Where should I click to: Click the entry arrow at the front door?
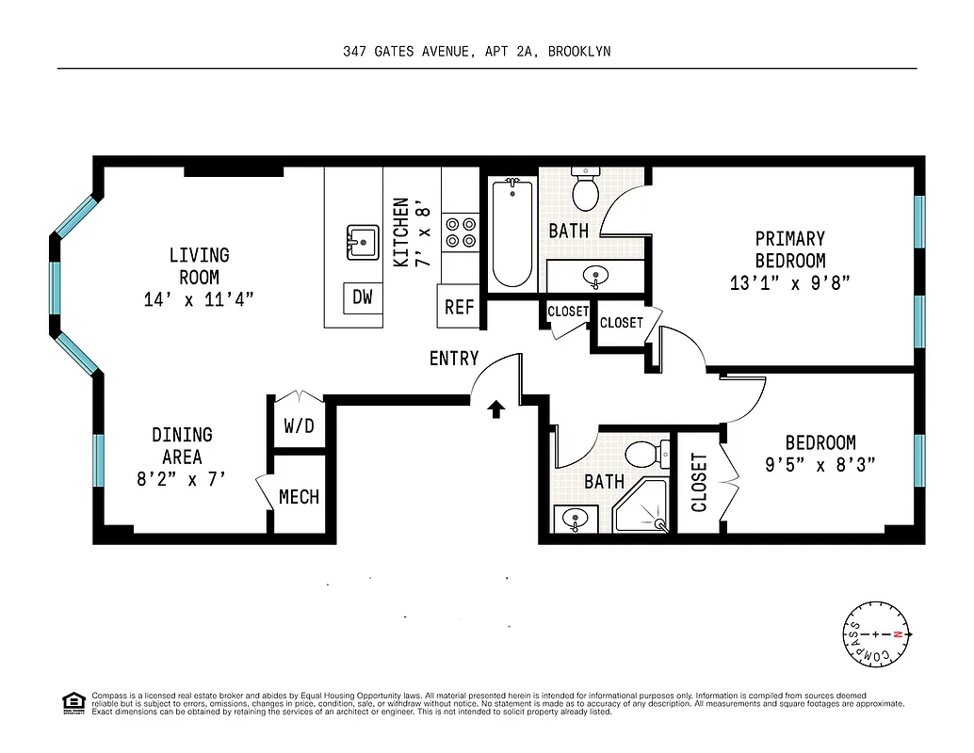(x=496, y=408)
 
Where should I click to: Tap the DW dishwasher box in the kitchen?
(x=363, y=297)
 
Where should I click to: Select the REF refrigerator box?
(x=459, y=307)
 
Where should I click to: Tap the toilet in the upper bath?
(x=586, y=189)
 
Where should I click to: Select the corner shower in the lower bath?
(x=641, y=509)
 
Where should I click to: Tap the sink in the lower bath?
(x=573, y=519)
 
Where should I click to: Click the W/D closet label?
(x=299, y=425)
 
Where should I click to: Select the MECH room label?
(x=299, y=497)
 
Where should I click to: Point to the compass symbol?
(x=876, y=634)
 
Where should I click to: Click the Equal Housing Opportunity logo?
(x=73, y=703)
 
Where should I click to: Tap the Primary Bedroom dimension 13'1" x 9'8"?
(x=789, y=282)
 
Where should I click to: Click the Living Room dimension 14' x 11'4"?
(x=199, y=300)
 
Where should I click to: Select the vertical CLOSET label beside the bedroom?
(x=699, y=482)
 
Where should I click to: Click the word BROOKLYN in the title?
(x=578, y=52)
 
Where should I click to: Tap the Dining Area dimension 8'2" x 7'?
(x=182, y=477)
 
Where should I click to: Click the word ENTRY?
(x=454, y=359)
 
